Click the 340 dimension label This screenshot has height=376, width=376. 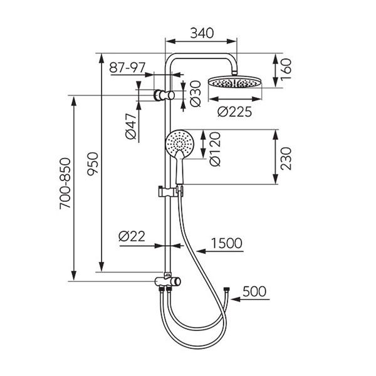tap(202, 33)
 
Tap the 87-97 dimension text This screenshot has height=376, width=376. tap(127, 68)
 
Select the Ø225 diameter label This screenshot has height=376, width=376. tap(235, 112)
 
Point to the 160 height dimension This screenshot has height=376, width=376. tap(286, 70)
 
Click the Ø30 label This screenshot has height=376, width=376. tap(196, 93)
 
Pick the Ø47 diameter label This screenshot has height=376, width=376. tap(131, 127)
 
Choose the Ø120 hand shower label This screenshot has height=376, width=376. tap(215, 149)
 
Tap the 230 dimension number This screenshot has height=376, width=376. tap(286, 159)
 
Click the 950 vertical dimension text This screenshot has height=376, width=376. tap(93, 164)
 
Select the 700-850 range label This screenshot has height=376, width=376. tap(65, 184)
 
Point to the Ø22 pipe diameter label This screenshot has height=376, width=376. tap(132, 236)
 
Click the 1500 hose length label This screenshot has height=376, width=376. tap(227, 243)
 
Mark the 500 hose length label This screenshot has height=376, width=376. tap(254, 291)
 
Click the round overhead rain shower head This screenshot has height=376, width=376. tap(235, 82)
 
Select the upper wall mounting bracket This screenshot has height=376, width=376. tap(164, 95)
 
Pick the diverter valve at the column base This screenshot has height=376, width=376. tap(167, 281)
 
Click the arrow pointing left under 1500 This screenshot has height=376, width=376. tap(220, 251)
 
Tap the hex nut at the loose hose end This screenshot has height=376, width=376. tap(227, 289)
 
